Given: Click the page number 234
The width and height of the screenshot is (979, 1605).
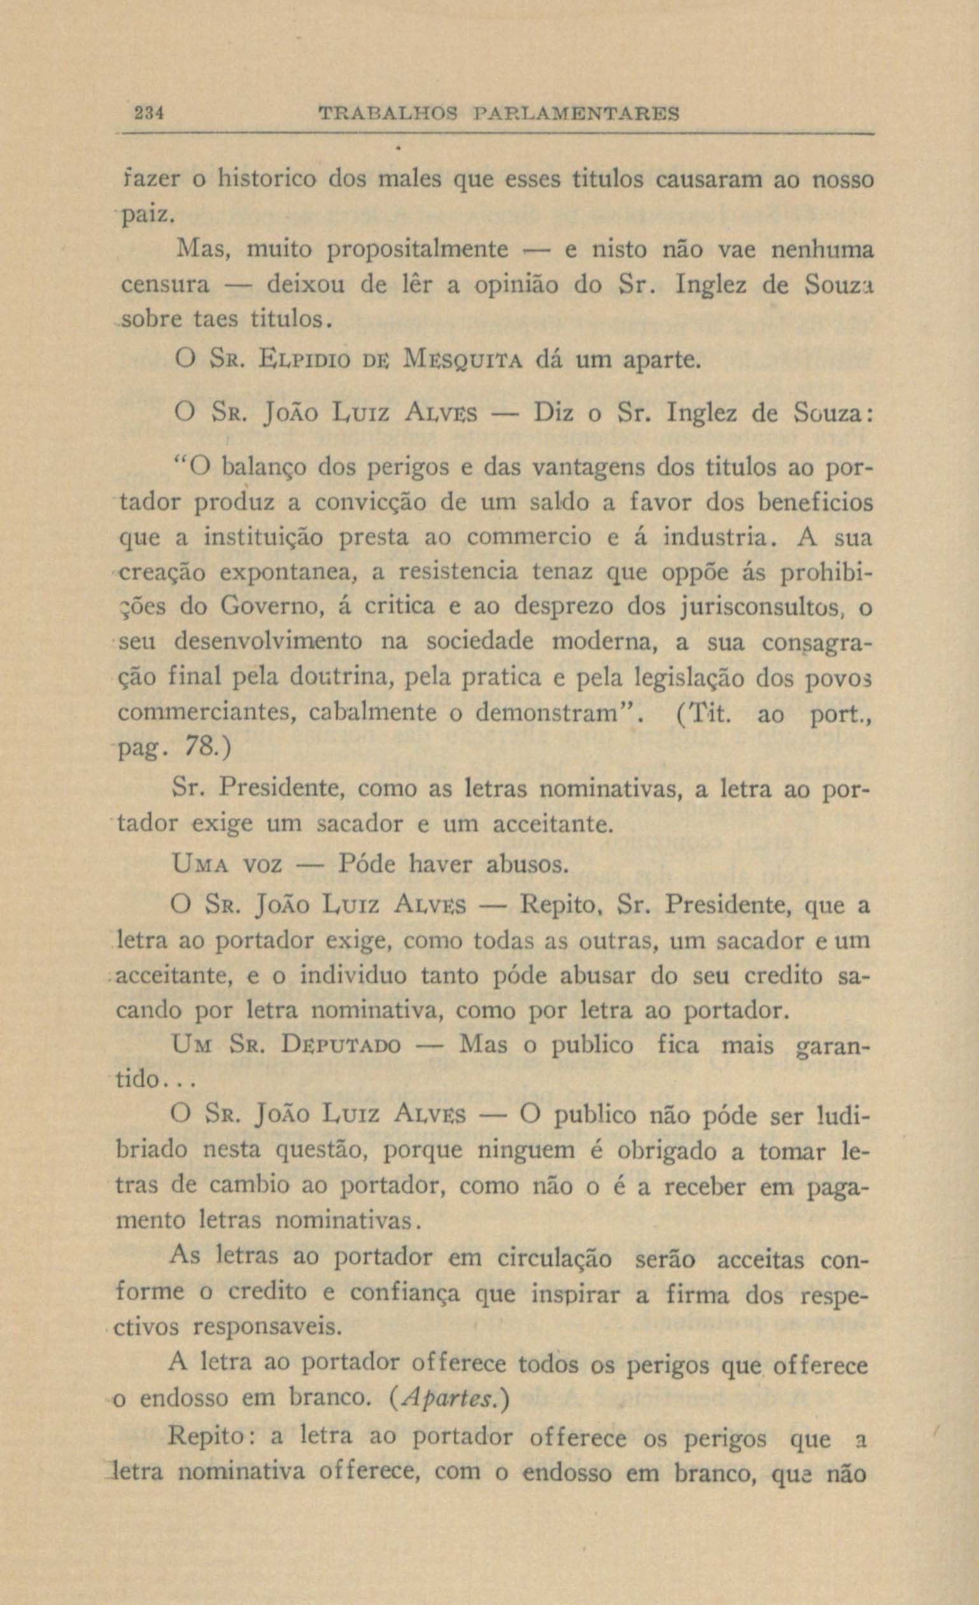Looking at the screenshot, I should tap(148, 114).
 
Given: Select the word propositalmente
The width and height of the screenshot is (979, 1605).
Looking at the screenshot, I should tap(417, 250).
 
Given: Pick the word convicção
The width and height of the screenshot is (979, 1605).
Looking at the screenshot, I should tap(370, 503).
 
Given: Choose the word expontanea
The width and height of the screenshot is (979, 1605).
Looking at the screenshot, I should tap(288, 572).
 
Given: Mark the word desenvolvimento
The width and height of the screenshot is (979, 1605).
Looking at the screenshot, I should tap(268, 642).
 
